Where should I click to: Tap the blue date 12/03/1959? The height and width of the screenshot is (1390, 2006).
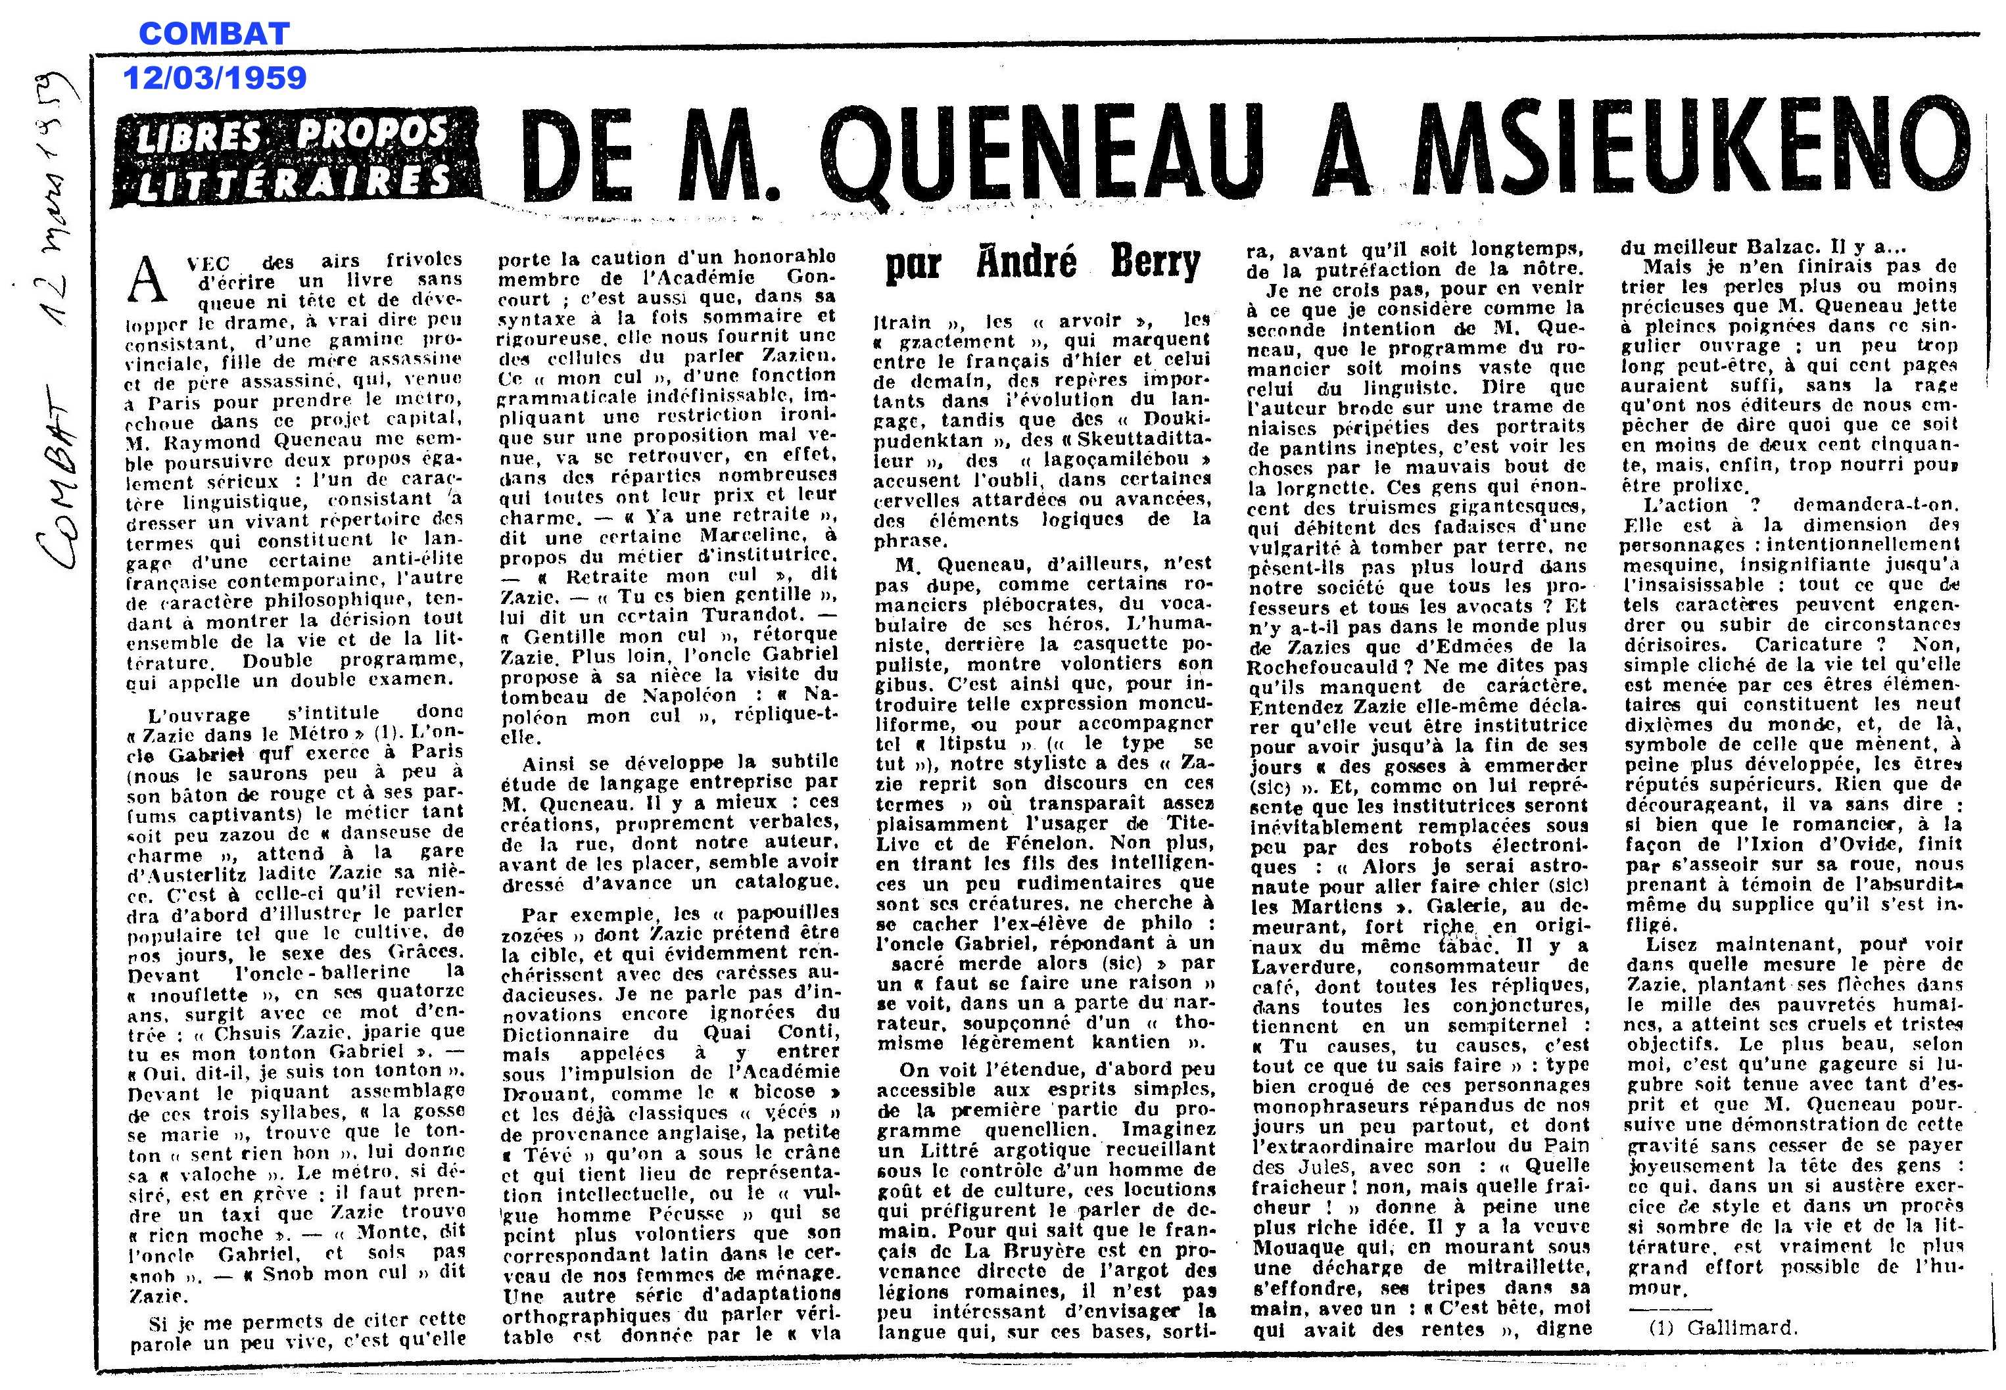[214, 78]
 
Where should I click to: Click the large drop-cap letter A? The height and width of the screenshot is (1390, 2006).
[147, 278]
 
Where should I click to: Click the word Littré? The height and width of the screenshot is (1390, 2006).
[949, 1149]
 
